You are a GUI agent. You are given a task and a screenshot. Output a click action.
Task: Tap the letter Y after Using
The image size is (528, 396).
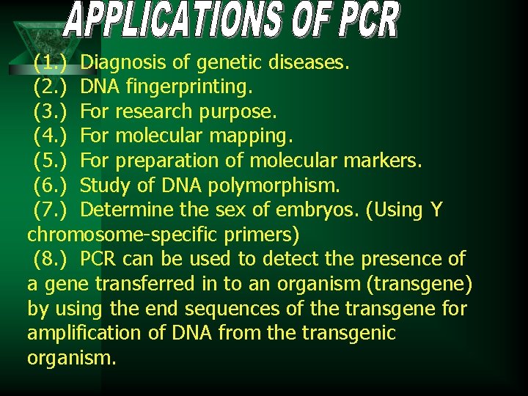[x=436, y=210]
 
